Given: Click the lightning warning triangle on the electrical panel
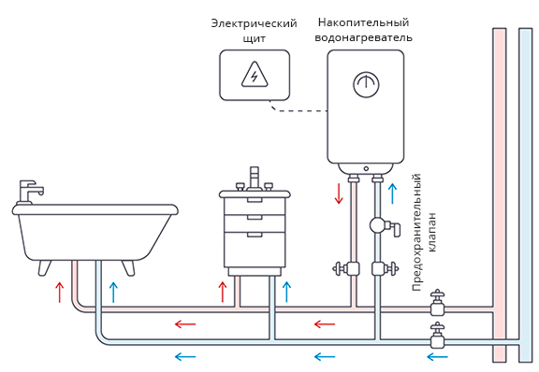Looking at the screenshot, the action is tap(255, 75).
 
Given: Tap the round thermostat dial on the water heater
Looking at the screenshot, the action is tap(366, 84).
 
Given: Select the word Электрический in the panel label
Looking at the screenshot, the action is tap(254, 23).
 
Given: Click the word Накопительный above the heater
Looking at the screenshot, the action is tap(363, 22).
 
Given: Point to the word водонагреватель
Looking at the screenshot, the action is tap(363, 37).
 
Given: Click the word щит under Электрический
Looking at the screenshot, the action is tap(254, 38).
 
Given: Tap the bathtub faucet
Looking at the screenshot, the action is tap(30, 192).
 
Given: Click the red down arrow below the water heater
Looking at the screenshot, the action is tap(339, 193).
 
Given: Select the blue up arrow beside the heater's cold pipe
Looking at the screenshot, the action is tap(392, 193).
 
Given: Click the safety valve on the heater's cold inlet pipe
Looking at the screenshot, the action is tap(385, 226).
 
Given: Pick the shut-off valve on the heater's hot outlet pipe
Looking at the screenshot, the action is tap(346, 268).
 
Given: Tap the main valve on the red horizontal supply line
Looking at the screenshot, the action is tap(437, 303).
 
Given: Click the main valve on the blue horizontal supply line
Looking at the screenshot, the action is tap(437, 336).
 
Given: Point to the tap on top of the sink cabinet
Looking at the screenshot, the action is tap(255, 179).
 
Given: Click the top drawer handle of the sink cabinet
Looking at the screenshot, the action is tap(255, 200).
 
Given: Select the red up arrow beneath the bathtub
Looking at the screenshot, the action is tap(60, 292).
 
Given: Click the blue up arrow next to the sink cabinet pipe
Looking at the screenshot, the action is tap(286, 292).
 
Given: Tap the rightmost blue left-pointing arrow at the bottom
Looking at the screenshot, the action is tap(437, 357).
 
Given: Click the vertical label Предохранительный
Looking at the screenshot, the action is tap(416, 233).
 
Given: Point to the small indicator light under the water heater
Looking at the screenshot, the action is tap(366, 168).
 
